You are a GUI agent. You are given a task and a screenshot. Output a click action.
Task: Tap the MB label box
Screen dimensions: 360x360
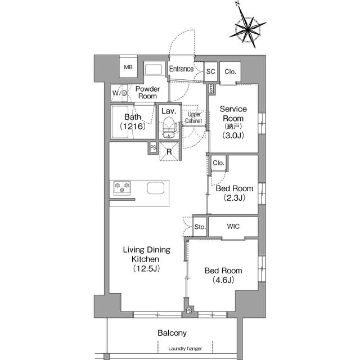click(x=129, y=68)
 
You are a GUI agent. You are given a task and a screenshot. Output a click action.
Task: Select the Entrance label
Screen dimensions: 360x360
click(x=181, y=69)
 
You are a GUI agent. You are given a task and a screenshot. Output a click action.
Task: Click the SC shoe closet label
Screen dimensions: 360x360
click(x=211, y=71)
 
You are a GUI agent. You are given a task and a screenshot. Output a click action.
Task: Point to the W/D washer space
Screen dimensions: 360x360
click(x=119, y=93)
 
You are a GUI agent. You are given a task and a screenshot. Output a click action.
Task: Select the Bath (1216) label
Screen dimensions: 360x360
click(x=133, y=121)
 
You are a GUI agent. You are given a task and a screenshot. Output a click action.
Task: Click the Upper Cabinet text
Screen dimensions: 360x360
click(x=194, y=118)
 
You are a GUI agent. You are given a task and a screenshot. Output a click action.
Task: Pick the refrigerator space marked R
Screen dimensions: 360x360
click(x=169, y=151)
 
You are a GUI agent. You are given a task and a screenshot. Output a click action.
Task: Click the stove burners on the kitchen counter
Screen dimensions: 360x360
click(x=122, y=187)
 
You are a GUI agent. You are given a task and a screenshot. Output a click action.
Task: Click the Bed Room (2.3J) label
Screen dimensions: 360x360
click(x=234, y=193)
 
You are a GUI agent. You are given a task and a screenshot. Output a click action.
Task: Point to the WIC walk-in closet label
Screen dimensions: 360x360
click(x=233, y=227)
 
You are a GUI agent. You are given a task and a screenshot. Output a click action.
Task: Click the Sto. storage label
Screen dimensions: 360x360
click(x=199, y=227)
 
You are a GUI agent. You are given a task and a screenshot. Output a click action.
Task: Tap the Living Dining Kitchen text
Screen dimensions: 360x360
click(x=147, y=259)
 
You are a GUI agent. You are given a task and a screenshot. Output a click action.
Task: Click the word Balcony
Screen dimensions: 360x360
click(x=172, y=333)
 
